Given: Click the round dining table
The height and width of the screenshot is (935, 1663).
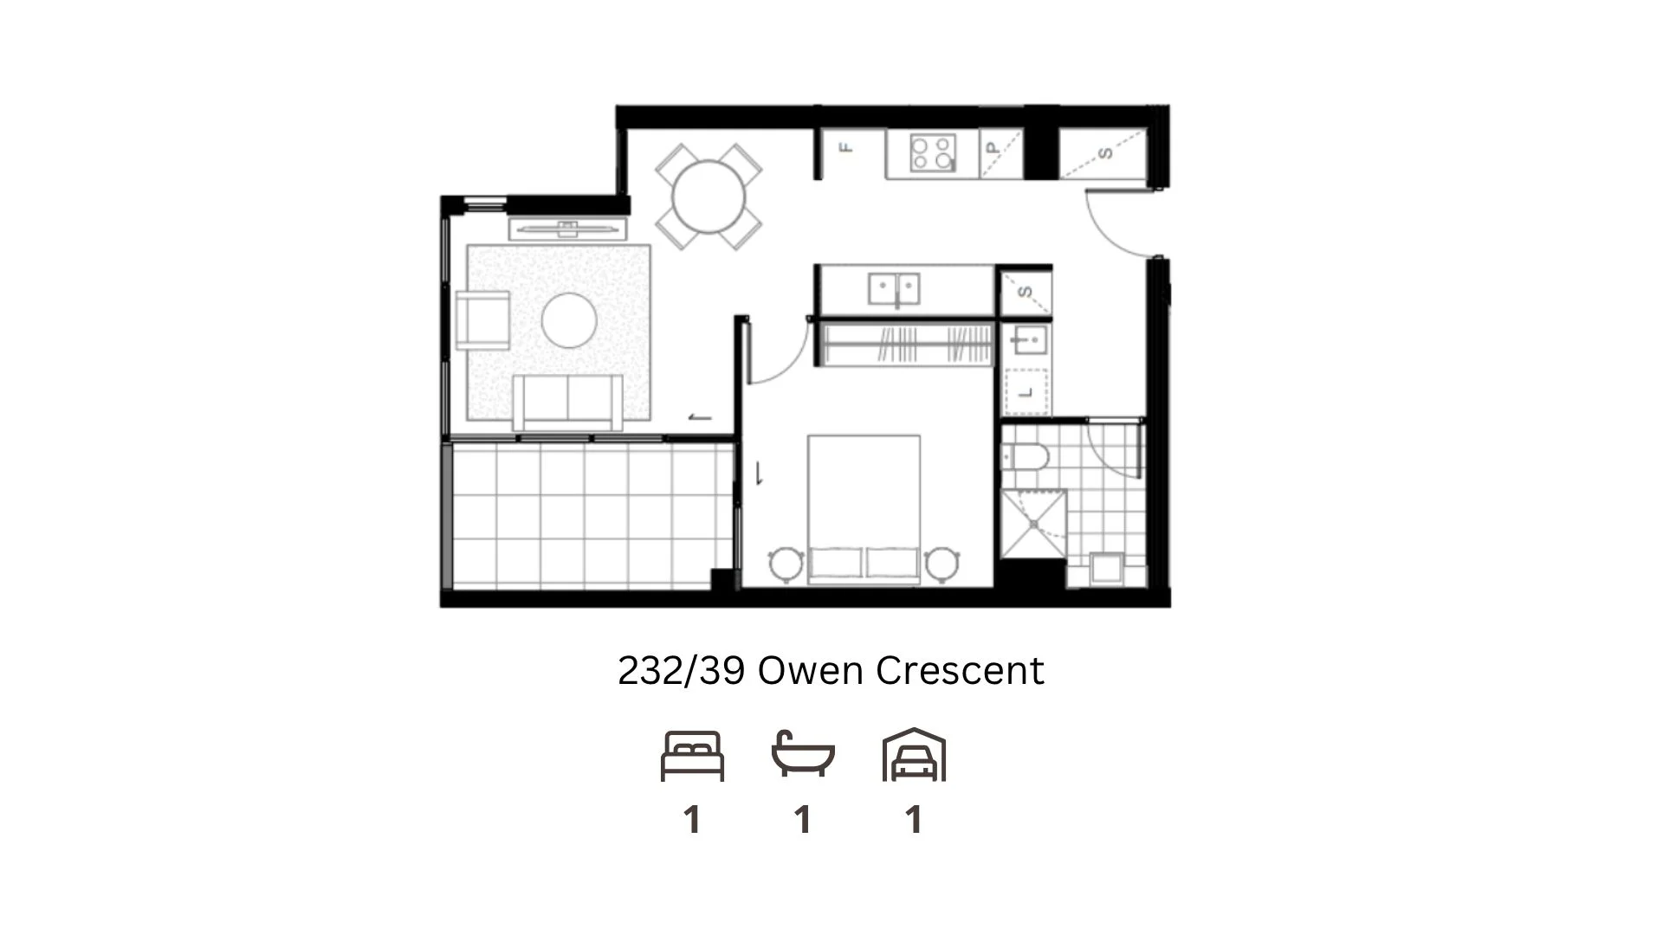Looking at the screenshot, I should [709, 197].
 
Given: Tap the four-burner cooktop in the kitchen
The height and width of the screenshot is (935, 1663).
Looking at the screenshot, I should [933, 153].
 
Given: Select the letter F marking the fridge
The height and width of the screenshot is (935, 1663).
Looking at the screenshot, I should [847, 148].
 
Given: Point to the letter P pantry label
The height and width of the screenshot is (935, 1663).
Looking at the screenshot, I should [993, 149].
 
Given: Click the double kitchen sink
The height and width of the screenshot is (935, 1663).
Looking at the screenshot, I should [895, 288].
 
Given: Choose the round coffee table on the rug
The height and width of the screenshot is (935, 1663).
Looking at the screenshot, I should [569, 320].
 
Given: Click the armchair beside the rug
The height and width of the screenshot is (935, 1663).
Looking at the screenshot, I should [482, 320].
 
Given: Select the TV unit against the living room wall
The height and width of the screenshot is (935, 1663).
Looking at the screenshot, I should [567, 229].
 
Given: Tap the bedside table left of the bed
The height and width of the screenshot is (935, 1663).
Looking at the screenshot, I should [786, 564].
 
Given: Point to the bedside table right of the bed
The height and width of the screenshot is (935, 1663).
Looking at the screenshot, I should [941, 564].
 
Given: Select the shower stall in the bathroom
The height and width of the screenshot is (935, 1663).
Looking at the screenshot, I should [1033, 525].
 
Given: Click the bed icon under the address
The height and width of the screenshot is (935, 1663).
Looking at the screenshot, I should [692, 756].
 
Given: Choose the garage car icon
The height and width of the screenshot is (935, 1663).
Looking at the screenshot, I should [914, 756].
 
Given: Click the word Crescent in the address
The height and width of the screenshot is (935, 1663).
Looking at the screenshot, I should [960, 670].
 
